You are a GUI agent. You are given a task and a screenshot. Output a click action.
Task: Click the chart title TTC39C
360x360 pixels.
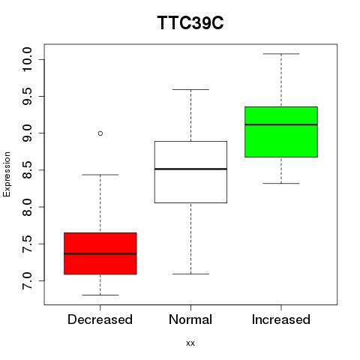(190, 22)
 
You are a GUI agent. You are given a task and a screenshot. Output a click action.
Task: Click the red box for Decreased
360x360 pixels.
(100, 253)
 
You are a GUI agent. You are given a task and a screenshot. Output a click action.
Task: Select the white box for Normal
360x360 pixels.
(190, 172)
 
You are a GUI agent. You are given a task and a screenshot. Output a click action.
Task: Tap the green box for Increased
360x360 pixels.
(281, 132)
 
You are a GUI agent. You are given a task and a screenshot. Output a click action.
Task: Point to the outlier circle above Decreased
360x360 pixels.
(100, 133)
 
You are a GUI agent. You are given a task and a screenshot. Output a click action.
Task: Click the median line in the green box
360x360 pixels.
(281, 124)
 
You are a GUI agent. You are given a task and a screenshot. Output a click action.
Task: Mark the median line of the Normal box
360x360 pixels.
(190, 169)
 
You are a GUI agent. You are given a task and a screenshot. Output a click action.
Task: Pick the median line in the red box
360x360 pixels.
(100, 253)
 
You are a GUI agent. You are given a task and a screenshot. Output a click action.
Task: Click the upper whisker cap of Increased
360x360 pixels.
(281, 54)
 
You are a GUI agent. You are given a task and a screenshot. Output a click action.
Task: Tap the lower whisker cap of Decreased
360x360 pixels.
(100, 295)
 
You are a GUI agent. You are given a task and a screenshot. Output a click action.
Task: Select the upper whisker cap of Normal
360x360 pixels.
(190, 89)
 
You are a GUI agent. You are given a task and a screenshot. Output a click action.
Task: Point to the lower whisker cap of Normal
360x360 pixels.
(190, 274)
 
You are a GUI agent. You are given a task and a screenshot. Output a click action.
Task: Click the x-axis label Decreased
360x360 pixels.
(100, 319)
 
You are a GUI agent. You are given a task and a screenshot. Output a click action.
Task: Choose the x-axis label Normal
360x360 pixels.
(190, 319)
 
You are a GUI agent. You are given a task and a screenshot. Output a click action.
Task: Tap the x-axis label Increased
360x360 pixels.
(281, 319)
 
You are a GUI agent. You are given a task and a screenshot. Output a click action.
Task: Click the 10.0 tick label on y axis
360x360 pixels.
(26, 59)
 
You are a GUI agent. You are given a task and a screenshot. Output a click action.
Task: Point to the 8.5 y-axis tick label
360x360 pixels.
(26, 170)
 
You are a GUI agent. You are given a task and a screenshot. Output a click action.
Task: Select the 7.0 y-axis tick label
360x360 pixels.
(26, 280)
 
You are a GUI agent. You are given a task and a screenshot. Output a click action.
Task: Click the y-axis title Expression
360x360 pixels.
(7, 174)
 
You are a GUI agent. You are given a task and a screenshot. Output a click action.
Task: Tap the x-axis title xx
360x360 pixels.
(190, 343)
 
